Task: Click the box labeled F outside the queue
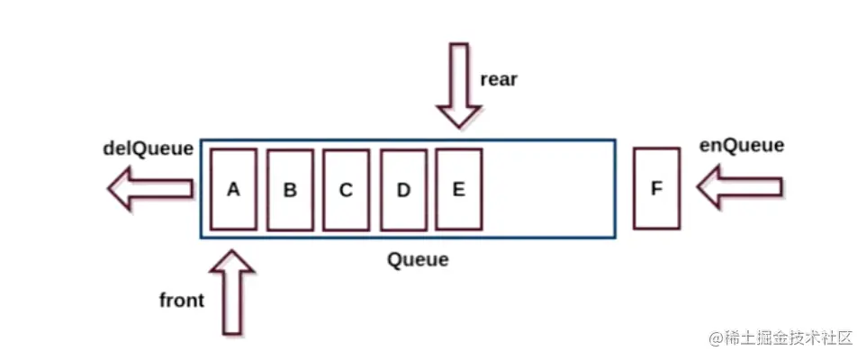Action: pyautogui.click(x=655, y=187)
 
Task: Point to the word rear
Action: pyautogui.click(x=498, y=79)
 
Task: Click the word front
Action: pyautogui.click(x=181, y=301)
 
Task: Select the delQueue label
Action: pyautogui.click(x=149, y=148)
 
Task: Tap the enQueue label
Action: pyautogui.click(x=742, y=145)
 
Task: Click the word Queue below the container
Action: pyautogui.click(x=418, y=260)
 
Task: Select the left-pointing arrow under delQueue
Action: pyautogui.click(x=149, y=188)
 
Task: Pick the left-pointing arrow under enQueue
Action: pyautogui.click(x=740, y=188)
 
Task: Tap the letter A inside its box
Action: pyautogui.click(x=234, y=190)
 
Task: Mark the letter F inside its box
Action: pyautogui.click(x=655, y=189)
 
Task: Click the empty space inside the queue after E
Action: pyautogui.click(x=549, y=189)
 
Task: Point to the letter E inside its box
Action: pyautogui.click(x=458, y=189)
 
